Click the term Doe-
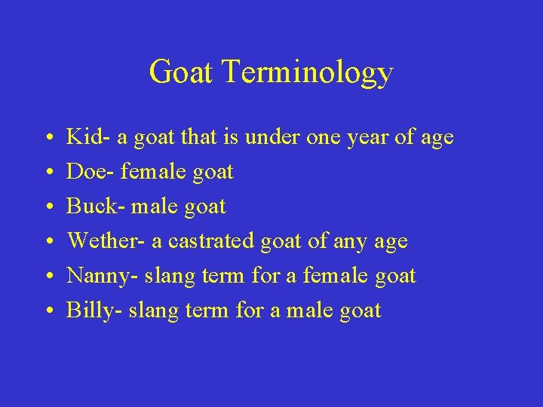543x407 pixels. point(90,172)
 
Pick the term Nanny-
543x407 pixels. point(103,276)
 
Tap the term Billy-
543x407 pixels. point(95,311)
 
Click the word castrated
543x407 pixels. point(213,241)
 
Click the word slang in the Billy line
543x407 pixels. point(152,311)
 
